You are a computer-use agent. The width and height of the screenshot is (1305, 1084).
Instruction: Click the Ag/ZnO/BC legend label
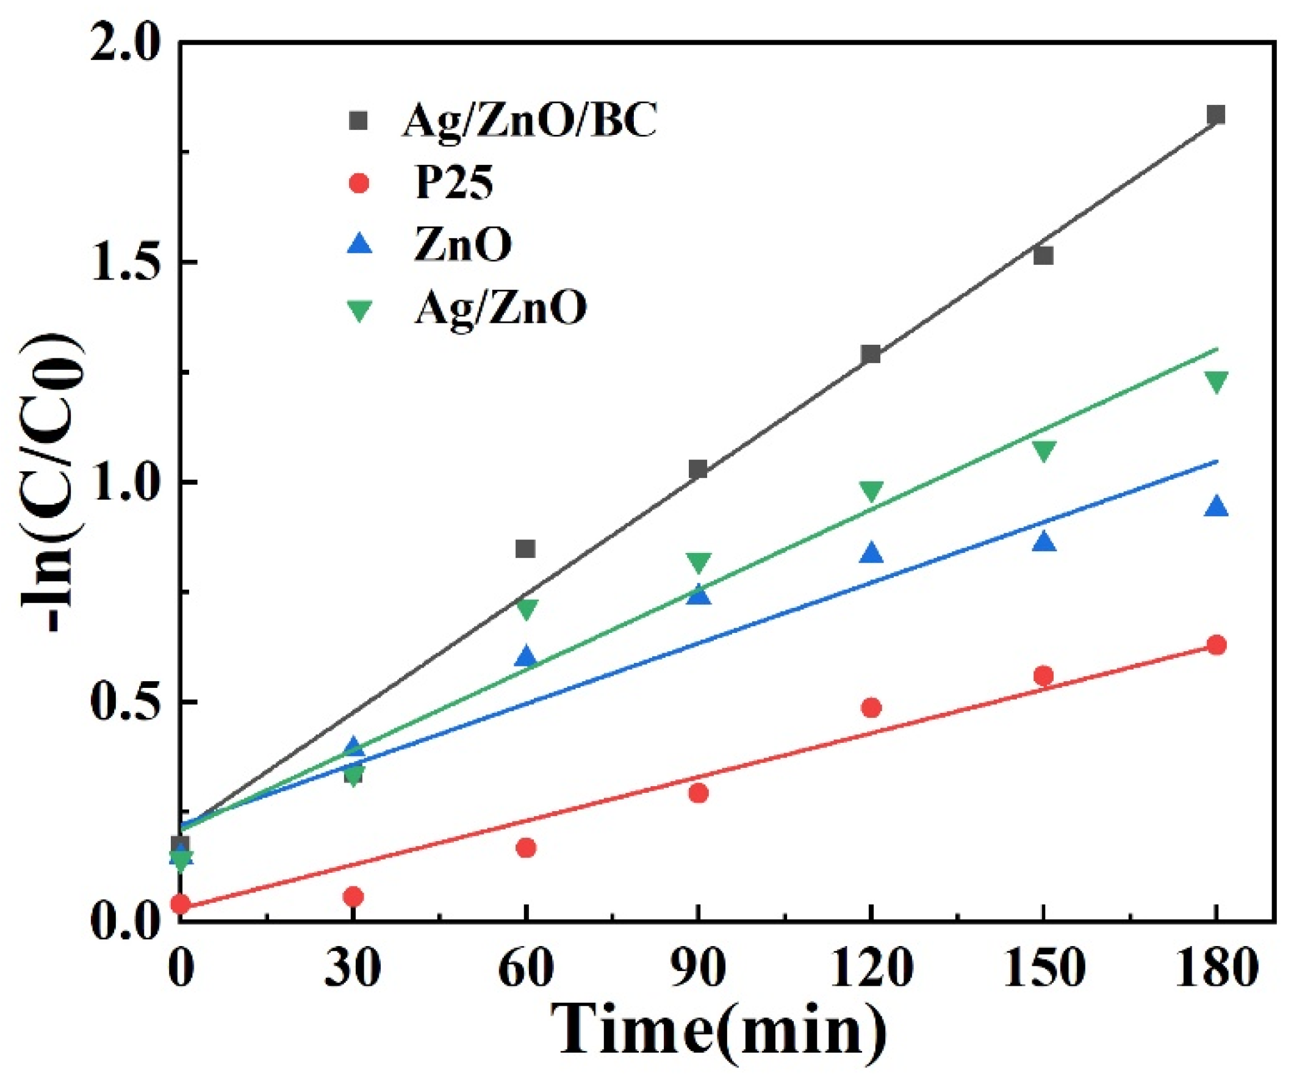click(529, 120)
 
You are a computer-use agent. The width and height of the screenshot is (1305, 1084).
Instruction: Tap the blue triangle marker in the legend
click(360, 244)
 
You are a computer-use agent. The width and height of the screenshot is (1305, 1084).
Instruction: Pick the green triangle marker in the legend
click(360, 309)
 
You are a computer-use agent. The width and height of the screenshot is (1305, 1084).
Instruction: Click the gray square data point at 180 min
click(1215, 114)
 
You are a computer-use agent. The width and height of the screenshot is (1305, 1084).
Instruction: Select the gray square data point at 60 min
click(526, 549)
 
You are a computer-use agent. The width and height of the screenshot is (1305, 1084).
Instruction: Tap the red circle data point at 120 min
click(871, 707)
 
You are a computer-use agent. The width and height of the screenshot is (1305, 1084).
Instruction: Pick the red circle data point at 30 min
click(353, 896)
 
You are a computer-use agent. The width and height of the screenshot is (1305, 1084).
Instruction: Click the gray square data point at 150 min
click(1043, 255)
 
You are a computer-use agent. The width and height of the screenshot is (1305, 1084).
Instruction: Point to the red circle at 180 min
click(1216, 645)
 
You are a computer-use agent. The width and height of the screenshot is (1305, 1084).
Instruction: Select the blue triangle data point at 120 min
click(871, 552)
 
